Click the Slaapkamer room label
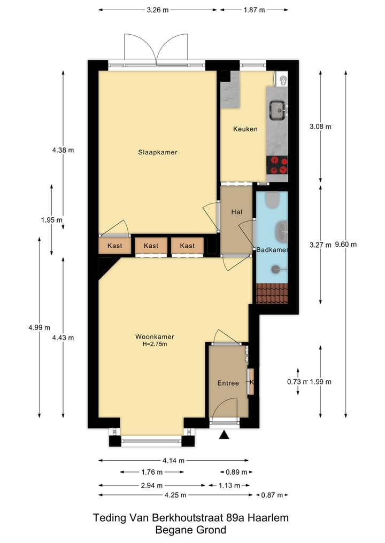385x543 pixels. pos(157,152)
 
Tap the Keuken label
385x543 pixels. pos(245,129)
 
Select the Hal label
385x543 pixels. pos(237,212)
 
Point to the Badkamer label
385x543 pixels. pos(272,250)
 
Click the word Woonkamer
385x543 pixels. pos(155,337)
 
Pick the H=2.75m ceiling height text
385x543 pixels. pos(155,344)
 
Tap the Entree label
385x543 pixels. pos(228,383)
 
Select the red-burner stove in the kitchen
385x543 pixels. pos(278,165)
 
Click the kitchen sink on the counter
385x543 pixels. pos(278,111)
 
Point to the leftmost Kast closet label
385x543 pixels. pos(115,246)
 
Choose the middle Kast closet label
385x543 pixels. pos(151,246)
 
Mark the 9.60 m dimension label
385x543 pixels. pos(345,245)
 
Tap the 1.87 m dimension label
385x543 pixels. pos(254,10)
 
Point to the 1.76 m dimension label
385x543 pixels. pos(152,472)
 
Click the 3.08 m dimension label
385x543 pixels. pos(320,127)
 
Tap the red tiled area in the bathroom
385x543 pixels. pos(272,293)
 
